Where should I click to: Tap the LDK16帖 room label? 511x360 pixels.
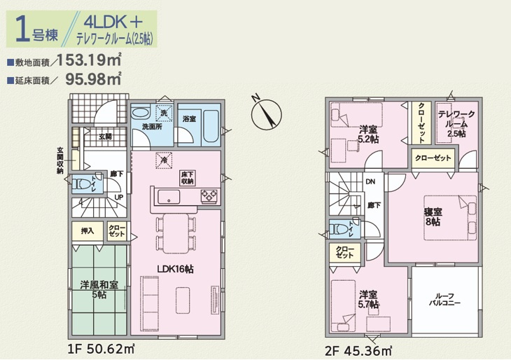pyautogui.click(x=175, y=269)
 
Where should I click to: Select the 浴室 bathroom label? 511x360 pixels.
pyautogui.click(x=189, y=119)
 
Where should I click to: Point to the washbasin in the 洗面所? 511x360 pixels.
pyautogui.click(x=141, y=113)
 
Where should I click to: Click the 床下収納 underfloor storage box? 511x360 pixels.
pyautogui.click(x=188, y=177)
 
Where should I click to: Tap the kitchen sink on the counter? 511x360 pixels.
pyautogui.click(x=169, y=197)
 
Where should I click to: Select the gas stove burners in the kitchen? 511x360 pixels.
pyautogui.click(x=209, y=195)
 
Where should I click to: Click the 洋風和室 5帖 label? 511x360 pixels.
pyautogui.click(x=99, y=289)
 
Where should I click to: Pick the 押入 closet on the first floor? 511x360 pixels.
pyautogui.click(x=87, y=231)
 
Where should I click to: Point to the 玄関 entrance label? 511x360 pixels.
pyautogui.click(x=105, y=137)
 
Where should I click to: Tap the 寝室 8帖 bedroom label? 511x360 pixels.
pyautogui.click(x=433, y=217)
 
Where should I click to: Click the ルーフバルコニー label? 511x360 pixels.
pyautogui.click(x=444, y=299)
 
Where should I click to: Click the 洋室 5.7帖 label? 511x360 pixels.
pyautogui.click(x=369, y=300)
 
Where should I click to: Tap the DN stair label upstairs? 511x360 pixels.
pyautogui.click(x=370, y=181)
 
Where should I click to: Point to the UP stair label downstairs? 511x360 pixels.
pyautogui.click(x=118, y=198)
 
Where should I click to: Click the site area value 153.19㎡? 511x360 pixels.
pyautogui.click(x=89, y=60)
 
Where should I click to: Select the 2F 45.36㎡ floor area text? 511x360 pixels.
pyautogui.click(x=358, y=352)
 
